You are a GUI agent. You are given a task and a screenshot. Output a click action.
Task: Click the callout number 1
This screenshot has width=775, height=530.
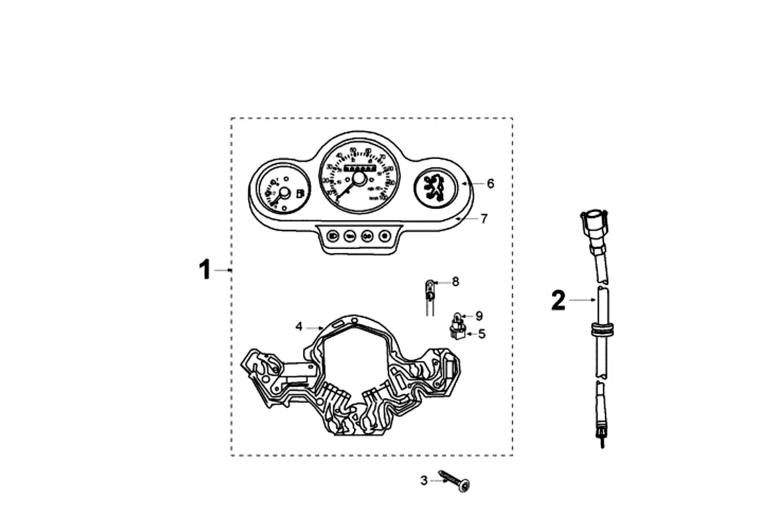[205, 270]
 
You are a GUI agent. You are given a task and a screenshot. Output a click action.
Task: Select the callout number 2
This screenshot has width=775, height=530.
[559, 301]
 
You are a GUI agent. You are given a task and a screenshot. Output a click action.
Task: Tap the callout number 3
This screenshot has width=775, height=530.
[424, 480]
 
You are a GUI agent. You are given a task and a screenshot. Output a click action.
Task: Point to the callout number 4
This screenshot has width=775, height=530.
[299, 327]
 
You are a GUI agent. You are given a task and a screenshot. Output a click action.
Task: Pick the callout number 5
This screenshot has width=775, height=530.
[482, 334]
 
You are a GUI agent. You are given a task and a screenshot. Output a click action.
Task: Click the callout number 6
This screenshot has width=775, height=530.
[490, 184]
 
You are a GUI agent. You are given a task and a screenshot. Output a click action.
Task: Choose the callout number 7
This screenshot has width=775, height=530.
[484, 218]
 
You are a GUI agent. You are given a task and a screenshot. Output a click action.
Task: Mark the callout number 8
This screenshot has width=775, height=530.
[455, 282]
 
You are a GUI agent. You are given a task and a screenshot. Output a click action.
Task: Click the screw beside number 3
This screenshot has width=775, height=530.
[457, 482]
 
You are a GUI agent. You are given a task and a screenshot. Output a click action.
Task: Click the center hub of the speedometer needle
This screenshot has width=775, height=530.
[359, 178]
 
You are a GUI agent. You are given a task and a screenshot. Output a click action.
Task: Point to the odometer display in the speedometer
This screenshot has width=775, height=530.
[358, 168]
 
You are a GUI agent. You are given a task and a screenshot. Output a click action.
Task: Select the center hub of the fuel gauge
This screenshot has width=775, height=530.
[283, 193]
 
